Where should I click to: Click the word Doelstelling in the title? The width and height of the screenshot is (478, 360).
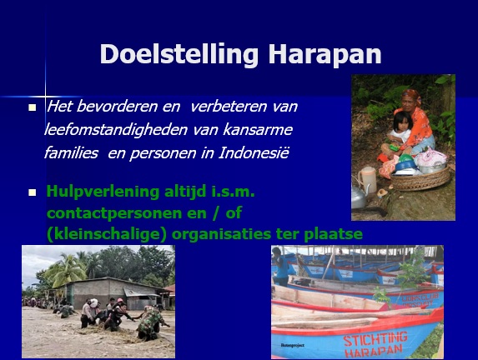coord(179,54)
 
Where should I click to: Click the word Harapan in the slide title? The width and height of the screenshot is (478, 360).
coord(325,54)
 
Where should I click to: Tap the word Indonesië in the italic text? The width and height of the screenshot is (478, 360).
coord(254,152)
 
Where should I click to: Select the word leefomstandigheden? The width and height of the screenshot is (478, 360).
coord(116,130)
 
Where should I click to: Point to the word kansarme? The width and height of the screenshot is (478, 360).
coord(258,129)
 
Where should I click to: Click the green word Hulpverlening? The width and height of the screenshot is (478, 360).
coord(103,192)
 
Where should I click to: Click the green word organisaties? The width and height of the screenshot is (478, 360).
coord(222,234)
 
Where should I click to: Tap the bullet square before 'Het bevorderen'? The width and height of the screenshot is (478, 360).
coord(32,107)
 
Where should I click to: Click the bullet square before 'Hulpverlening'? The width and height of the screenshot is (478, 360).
coord(32,192)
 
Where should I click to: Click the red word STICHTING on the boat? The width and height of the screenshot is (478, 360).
coord(375,338)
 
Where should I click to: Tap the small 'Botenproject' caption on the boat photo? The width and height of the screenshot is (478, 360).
coord(293,345)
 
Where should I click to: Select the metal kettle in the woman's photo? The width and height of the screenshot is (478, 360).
coord(360,197)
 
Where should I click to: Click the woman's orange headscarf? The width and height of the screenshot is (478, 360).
coord(411,95)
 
